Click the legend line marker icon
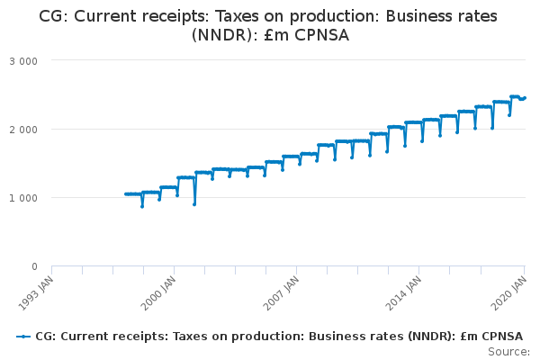click(22, 337)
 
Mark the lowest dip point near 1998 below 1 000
click(142, 206)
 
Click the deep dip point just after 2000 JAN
click(194, 204)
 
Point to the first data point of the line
click(126, 193)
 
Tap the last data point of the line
click(525, 97)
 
